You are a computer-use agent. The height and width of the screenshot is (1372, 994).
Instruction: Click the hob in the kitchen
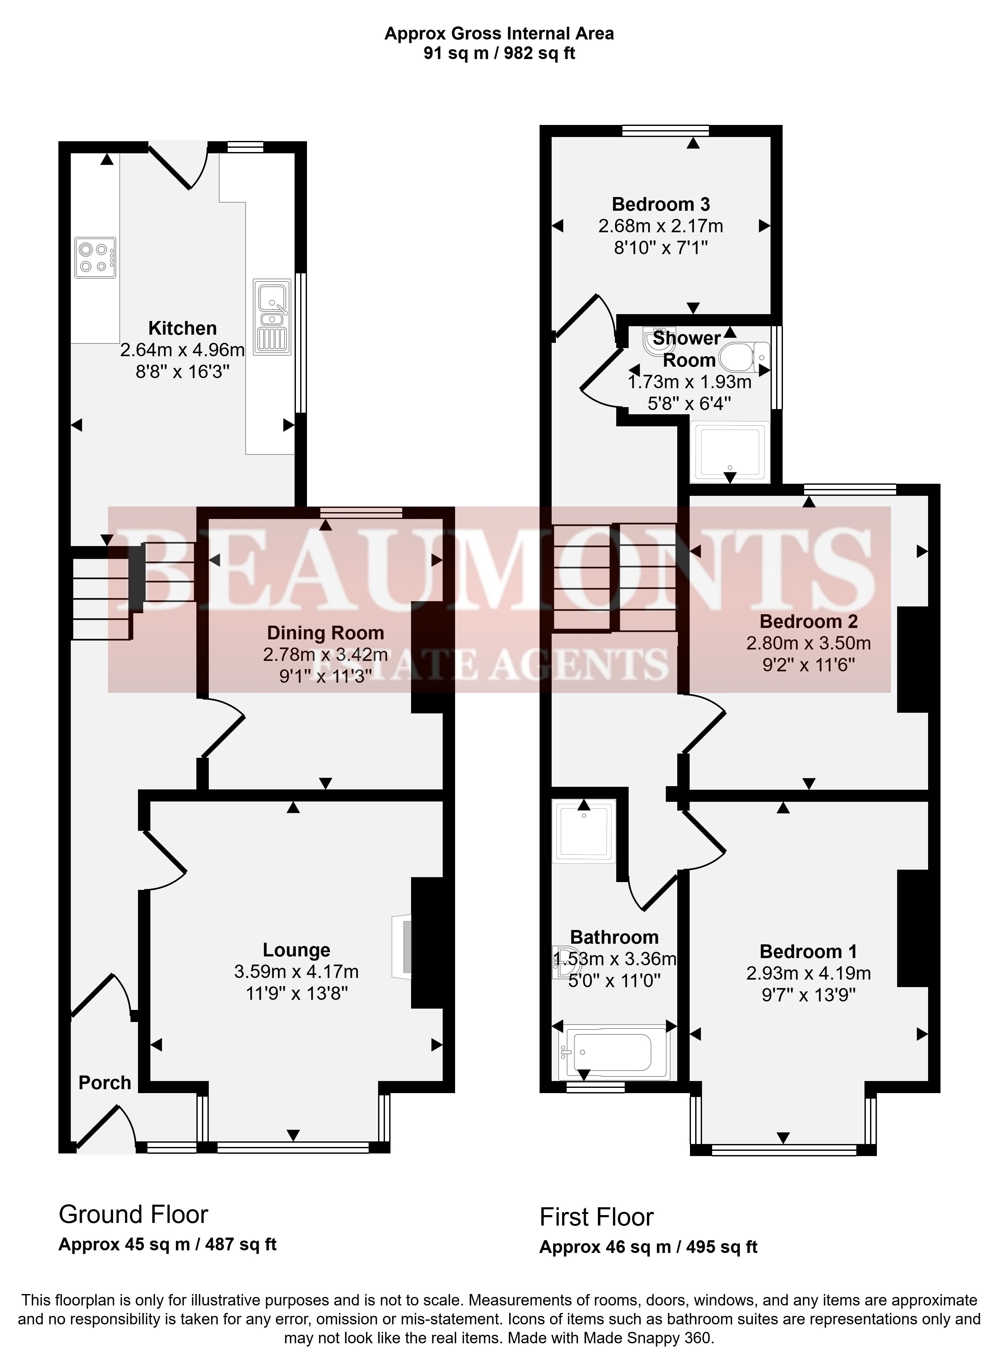95,258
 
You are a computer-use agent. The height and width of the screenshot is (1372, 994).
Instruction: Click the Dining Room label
326,633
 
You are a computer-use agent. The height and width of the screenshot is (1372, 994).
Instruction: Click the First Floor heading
597,1216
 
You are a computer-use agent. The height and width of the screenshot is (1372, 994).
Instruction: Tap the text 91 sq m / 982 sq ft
499,53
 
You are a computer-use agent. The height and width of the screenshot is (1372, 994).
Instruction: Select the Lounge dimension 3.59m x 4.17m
297,971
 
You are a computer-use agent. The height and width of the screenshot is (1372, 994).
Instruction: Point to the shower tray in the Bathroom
584,830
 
